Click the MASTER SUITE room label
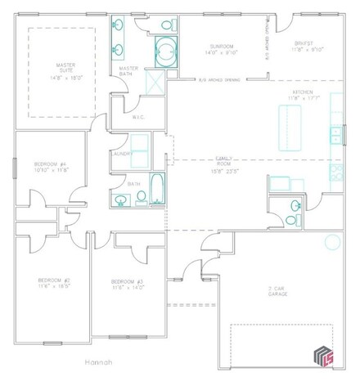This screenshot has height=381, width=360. click(x=66, y=71)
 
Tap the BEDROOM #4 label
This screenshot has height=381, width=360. click(x=51, y=166)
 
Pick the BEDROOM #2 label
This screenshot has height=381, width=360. click(x=54, y=283)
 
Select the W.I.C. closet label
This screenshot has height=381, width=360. click(x=138, y=118)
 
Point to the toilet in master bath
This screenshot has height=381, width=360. click(x=169, y=25)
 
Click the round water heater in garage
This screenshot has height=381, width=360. click(x=332, y=242)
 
